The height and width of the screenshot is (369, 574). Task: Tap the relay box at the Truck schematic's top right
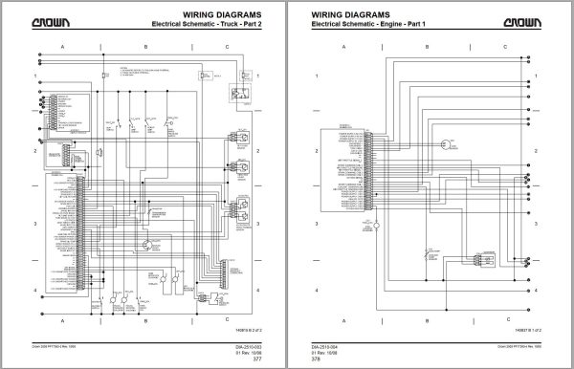point(238,93)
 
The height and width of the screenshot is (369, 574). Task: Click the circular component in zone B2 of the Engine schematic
point(444,145)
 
